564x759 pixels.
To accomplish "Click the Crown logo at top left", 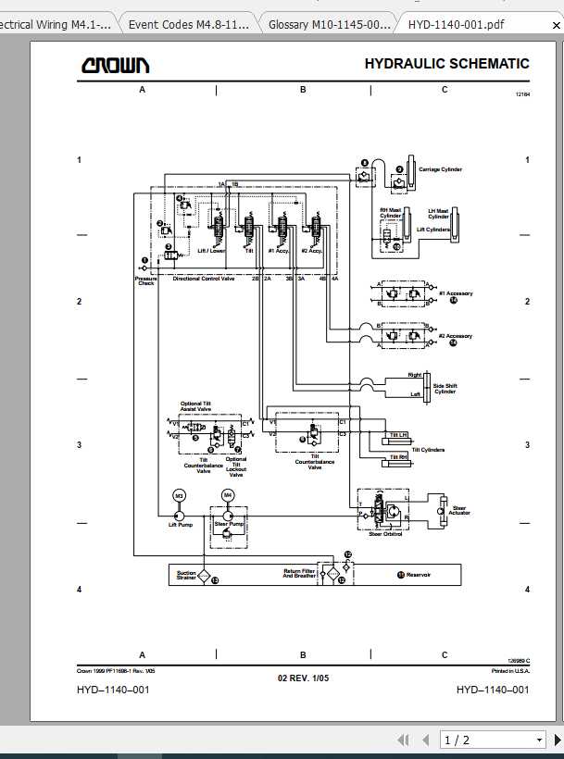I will (115, 66).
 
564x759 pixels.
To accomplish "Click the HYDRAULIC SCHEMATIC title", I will (446, 64).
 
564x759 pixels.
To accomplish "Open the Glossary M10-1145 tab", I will (323, 24).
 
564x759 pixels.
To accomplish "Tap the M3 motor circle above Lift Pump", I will (180, 496).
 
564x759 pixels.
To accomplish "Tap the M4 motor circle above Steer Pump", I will (228, 496).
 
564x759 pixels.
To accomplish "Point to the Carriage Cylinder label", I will (440, 170).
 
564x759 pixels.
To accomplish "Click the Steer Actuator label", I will (459, 510).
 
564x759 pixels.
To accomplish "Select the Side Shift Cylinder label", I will (445, 389).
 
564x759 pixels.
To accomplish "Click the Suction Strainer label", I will (186, 576).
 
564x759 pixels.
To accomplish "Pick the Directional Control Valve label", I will (204, 278).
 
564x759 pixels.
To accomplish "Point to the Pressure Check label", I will (145, 280).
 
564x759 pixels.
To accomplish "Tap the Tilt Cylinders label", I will (428, 450).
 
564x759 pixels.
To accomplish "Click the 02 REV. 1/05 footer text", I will (303, 678).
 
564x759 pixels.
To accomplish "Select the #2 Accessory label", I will (455, 336).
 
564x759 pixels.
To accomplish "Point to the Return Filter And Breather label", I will (299, 574).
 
